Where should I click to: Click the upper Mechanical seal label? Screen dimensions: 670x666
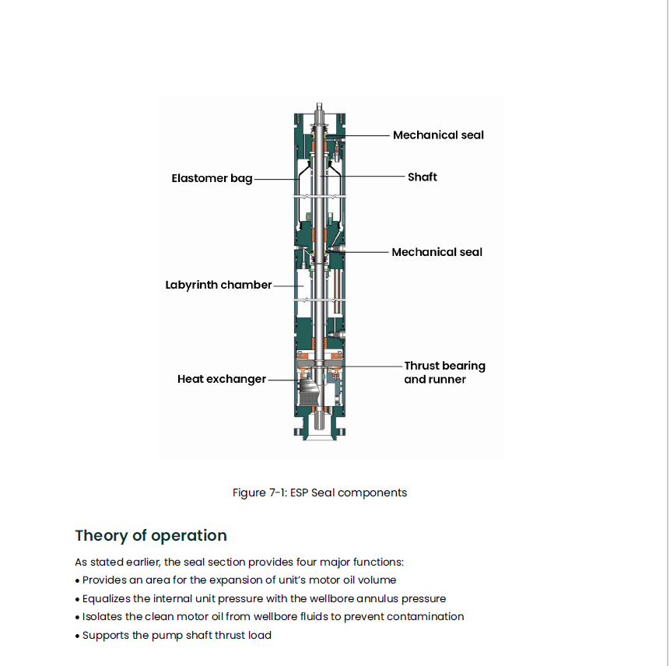click(438, 135)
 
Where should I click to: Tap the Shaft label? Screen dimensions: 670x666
click(423, 177)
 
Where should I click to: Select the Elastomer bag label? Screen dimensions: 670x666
click(212, 178)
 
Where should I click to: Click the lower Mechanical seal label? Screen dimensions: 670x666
click(437, 252)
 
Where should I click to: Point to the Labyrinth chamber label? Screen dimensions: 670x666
click(219, 285)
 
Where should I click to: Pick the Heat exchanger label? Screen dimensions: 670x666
click(222, 379)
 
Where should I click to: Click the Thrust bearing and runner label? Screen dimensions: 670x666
click(444, 373)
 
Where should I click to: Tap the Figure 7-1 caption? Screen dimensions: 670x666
click(320, 492)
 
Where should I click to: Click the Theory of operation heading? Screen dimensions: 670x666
click(151, 536)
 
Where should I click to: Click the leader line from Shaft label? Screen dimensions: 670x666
click(363, 176)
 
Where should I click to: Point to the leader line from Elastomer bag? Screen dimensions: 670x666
click(277, 179)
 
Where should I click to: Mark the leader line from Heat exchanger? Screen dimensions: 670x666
click(284, 380)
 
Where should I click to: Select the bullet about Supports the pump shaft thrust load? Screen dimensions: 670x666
click(173, 635)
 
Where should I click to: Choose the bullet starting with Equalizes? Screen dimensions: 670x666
click(260, 598)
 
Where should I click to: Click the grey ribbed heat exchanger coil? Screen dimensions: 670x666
click(309, 391)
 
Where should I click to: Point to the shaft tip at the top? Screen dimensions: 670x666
click(319, 103)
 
